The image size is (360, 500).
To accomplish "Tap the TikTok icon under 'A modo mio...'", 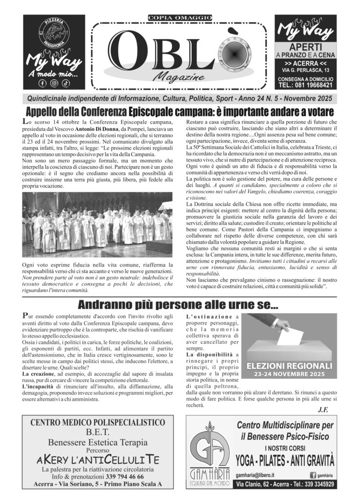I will tap(65, 83).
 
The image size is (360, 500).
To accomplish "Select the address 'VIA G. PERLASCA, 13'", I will tap(305, 71).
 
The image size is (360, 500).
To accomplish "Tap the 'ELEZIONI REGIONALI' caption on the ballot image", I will tap(290, 366).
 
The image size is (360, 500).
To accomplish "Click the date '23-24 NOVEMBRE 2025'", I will tap(290, 375).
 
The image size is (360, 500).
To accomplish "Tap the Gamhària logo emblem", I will tap(210, 447).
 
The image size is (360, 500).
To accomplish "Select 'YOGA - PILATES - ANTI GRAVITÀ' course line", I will tap(285, 459).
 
